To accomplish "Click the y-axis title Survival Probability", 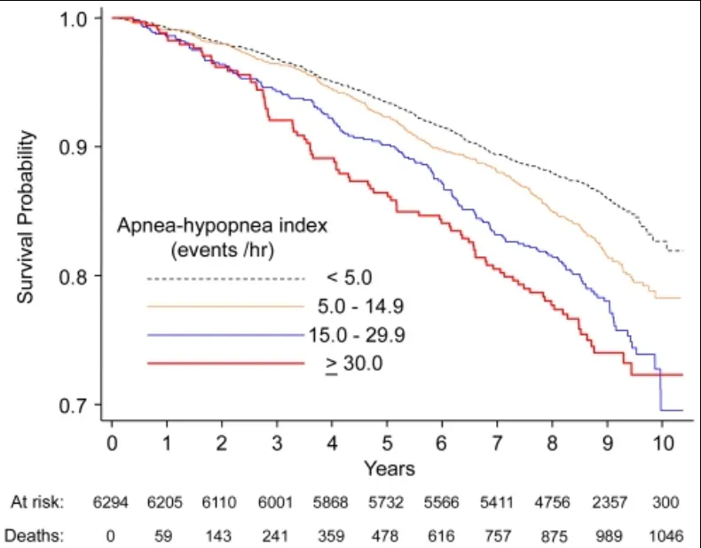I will point(28,216).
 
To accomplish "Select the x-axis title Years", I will point(389,467).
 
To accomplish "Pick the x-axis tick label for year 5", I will point(387,442).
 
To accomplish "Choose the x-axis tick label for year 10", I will point(660,442).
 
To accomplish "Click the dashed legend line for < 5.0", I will point(225,278).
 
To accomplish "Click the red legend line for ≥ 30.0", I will point(225,364).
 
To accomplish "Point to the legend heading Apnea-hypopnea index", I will point(223,226).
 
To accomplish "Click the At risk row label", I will point(37,503).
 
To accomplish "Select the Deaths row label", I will point(35,536).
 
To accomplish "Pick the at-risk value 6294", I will point(112,503).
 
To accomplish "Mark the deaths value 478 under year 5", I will point(387,536).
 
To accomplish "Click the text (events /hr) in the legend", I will point(223,250).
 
